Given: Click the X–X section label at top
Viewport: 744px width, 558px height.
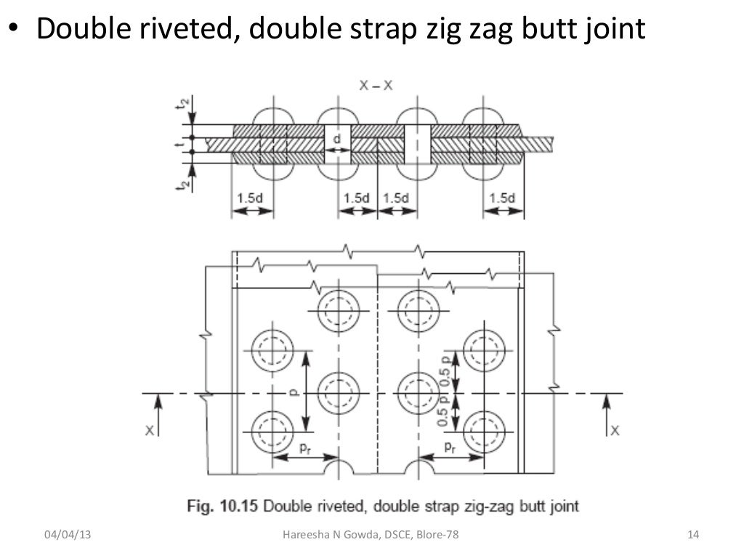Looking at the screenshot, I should click(376, 84).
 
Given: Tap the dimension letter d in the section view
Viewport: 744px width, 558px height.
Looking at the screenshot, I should click(336, 138).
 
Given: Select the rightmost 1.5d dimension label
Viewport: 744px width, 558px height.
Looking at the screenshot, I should click(503, 198).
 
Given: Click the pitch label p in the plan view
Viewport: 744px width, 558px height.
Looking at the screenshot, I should click(292, 392).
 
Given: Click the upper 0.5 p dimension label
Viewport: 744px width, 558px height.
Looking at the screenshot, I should click(442, 368).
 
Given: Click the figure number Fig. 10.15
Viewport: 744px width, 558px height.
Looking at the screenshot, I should click(218, 505).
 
